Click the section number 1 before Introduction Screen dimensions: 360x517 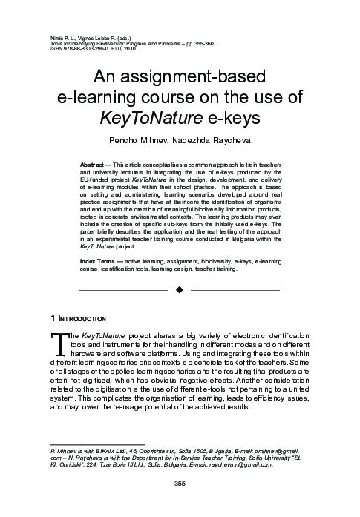point(51,319)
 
